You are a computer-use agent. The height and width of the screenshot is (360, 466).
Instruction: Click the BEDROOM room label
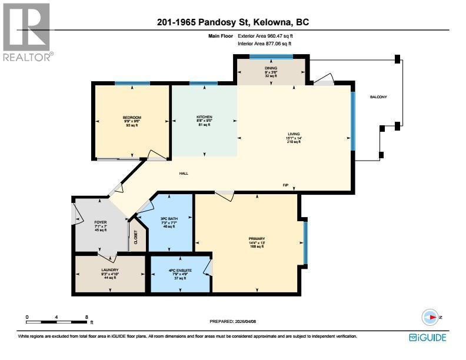[x=132, y=118]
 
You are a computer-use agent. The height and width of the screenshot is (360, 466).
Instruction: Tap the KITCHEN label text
[x=204, y=117]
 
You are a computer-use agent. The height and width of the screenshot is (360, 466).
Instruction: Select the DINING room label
[x=271, y=68]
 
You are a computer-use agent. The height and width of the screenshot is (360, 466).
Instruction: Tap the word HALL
[x=184, y=173]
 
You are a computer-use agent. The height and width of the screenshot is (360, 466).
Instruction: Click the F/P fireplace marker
[x=285, y=185]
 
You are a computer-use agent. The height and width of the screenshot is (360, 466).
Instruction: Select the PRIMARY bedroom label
[x=257, y=239]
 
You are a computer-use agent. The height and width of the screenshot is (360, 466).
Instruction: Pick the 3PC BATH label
[x=169, y=219]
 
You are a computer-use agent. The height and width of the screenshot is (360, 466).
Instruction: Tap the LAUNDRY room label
[x=110, y=270]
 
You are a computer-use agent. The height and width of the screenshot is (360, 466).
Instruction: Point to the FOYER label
[x=99, y=222]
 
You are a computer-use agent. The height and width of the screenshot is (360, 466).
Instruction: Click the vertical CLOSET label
[x=136, y=238]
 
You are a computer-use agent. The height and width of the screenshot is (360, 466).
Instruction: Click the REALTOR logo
[x=27, y=32]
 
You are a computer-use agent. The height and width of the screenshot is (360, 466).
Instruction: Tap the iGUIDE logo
[x=427, y=338]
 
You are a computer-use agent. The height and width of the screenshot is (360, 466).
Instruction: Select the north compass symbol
[x=431, y=317]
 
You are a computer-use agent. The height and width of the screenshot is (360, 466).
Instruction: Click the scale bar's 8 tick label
[x=87, y=317]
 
